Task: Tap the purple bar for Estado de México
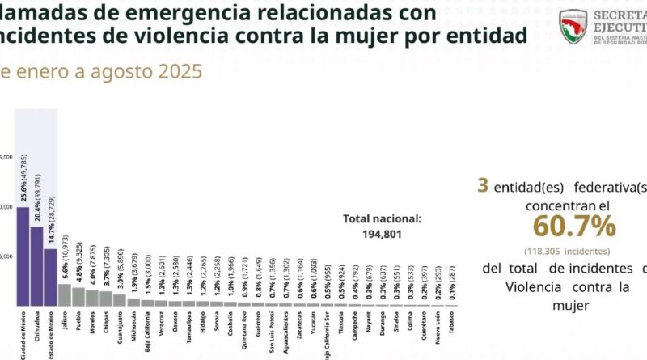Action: click(x=50, y=277)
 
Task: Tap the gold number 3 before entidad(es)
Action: click(x=483, y=186)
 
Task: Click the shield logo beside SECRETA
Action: click(x=573, y=26)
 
